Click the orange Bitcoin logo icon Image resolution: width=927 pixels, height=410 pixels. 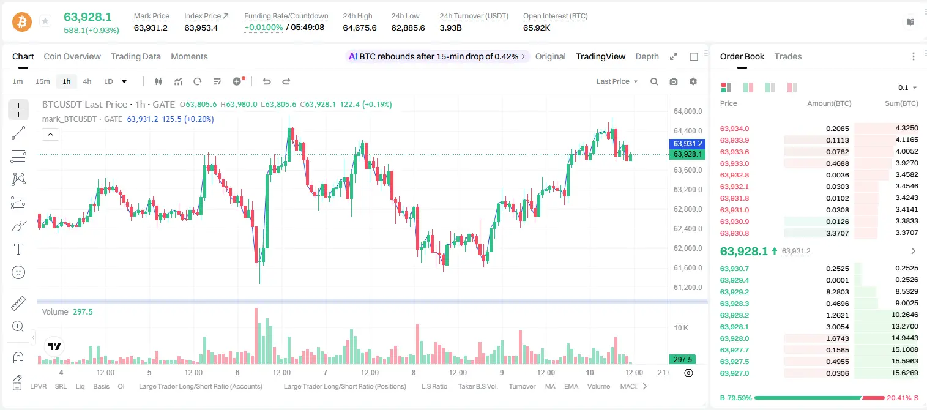[x=22, y=21]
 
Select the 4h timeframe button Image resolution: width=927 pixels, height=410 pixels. [x=87, y=81]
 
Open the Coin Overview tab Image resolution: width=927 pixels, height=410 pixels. [x=72, y=56]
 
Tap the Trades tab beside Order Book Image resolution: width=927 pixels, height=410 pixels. [x=788, y=56]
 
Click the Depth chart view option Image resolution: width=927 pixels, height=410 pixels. [x=647, y=56]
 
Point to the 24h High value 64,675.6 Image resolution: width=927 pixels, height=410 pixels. [x=360, y=28]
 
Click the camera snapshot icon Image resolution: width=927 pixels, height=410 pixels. [x=674, y=81]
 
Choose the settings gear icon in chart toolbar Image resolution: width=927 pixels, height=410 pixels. [x=693, y=81]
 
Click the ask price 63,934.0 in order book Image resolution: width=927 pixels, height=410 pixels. [x=735, y=129]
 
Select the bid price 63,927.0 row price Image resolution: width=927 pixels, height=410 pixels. [x=735, y=373]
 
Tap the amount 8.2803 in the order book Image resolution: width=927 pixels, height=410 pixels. [x=837, y=292]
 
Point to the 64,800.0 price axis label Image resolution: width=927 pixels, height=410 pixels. [x=688, y=111]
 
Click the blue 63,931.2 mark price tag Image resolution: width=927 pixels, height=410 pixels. [x=687, y=144]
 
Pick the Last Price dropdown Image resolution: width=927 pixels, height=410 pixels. [x=617, y=81]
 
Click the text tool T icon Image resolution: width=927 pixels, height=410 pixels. [x=18, y=249]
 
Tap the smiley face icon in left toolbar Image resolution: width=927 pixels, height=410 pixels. [x=18, y=272]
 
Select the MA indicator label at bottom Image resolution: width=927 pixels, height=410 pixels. [x=550, y=386]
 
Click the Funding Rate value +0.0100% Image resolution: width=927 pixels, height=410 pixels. [x=264, y=28]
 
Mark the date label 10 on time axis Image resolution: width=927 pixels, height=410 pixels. [x=590, y=372]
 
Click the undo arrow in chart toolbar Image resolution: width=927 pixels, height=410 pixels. [x=267, y=81]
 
